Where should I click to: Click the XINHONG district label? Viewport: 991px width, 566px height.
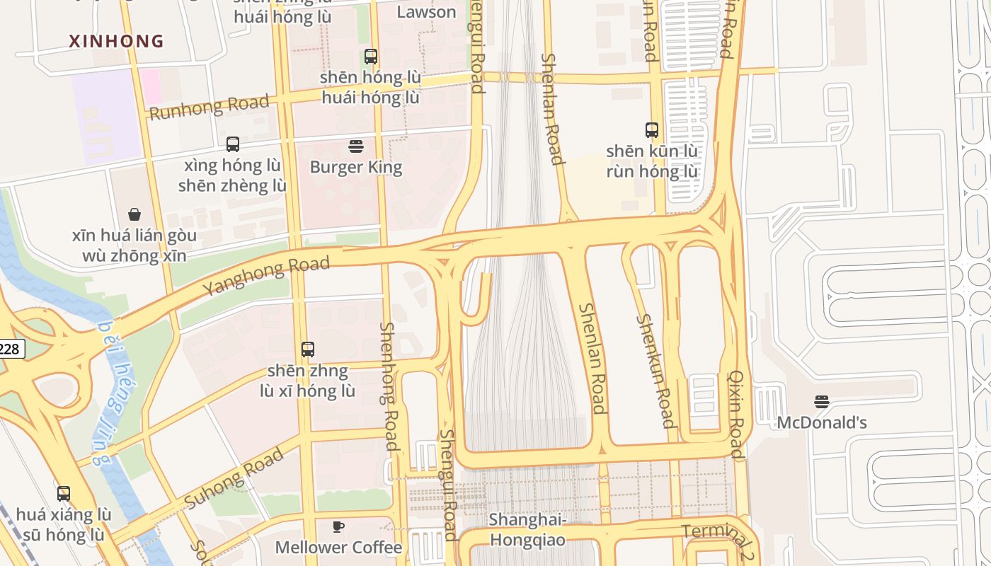pyautogui.click(x=116, y=41)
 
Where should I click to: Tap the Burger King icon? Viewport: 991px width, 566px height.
pyautogui.click(x=356, y=146)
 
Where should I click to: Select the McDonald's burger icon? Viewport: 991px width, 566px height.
pyautogui.click(x=821, y=402)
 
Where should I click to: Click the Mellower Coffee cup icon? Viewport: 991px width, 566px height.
pyautogui.click(x=338, y=526)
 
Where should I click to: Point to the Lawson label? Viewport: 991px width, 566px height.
pyautogui.click(x=426, y=12)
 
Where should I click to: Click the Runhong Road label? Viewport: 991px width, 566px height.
pyautogui.click(x=209, y=107)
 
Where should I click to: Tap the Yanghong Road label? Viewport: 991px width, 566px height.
pyautogui.click(x=266, y=276)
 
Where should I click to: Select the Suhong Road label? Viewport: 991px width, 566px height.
pyautogui.click(x=234, y=478)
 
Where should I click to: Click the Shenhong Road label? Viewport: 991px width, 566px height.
pyautogui.click(x=389, y=386)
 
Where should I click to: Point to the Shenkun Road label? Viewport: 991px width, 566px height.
pyautogui.click(x=655, y=371)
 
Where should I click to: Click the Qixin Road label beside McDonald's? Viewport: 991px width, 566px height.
pyautogui.click(x=736, y=414)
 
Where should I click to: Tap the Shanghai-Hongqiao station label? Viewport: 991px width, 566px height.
pyautogui.click(x=528, y=530)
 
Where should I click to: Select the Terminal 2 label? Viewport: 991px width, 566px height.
pyautogui.click(x=718, y=541)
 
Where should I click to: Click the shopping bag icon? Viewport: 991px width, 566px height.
pyautogui.click(x=134, y=214)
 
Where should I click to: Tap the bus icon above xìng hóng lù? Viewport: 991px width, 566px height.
pyautogui.click(x=232, y=144)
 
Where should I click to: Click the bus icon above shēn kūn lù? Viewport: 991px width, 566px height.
pyautogui.click(x=652, y=130)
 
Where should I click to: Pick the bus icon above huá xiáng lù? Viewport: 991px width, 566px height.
pyautogui.click(x=64, y=493)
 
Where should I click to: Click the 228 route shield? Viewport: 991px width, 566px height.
pyautogui.click(x=10, y=349)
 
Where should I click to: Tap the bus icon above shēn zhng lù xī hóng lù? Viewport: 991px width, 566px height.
pyautogui.click(x=307, y=349)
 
